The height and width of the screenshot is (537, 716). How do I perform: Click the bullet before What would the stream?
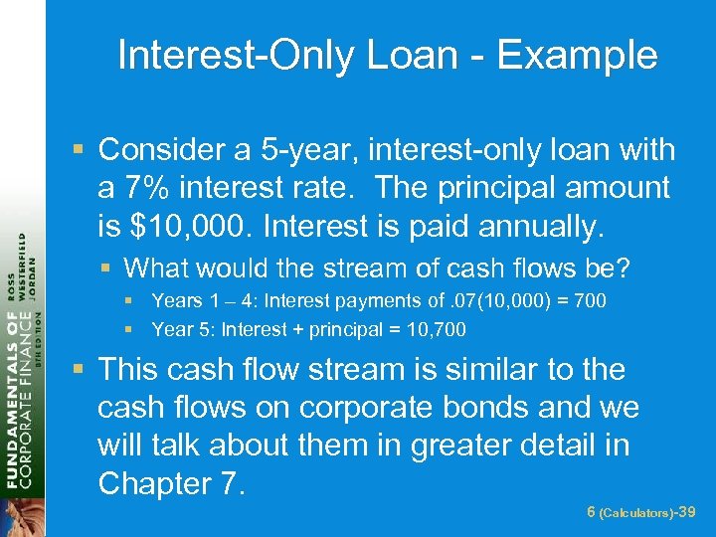click(109, 268)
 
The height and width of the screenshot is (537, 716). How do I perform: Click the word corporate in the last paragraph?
click(355, 408)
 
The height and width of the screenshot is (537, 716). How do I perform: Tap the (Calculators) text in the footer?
click(637, 512)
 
